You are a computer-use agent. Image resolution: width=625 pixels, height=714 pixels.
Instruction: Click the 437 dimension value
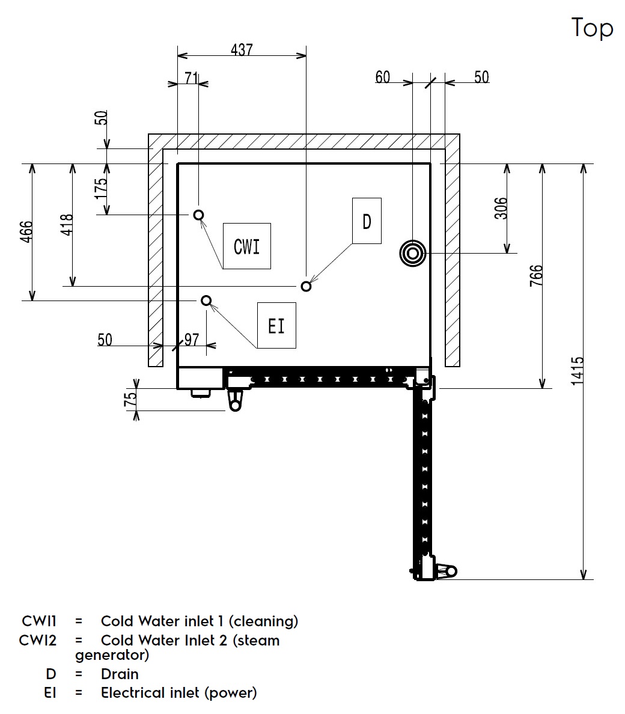(x=242, y=49)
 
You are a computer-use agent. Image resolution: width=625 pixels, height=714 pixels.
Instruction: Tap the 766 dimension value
(x=536, y=275)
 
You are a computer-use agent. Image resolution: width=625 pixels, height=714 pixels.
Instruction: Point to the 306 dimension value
(x=502, y=208)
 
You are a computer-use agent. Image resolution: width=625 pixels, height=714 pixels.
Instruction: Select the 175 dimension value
(x=101, y=188)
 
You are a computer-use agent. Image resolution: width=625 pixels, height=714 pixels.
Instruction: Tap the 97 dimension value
(x=191, y=340)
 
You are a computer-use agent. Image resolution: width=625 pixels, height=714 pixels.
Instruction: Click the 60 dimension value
(x=383, y=77)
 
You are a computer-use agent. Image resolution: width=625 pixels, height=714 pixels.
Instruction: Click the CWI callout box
(x=246, y=246)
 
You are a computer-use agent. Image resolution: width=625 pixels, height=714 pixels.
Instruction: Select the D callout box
(x=367, y=221)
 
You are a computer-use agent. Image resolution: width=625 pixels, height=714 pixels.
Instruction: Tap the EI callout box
(x=276, y=326)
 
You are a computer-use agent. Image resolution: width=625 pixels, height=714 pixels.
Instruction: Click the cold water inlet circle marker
(x=198, y=215)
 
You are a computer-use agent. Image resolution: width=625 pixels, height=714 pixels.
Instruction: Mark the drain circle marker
(x=306, y=285)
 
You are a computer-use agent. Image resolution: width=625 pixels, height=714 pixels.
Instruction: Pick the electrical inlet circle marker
(x=206, y=300)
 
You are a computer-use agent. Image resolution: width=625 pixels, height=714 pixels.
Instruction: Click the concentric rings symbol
(x=413, y=254)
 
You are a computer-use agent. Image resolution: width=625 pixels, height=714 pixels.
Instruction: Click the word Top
(x=592, y=28)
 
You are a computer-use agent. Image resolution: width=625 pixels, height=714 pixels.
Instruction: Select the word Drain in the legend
(x=120, y=674)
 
